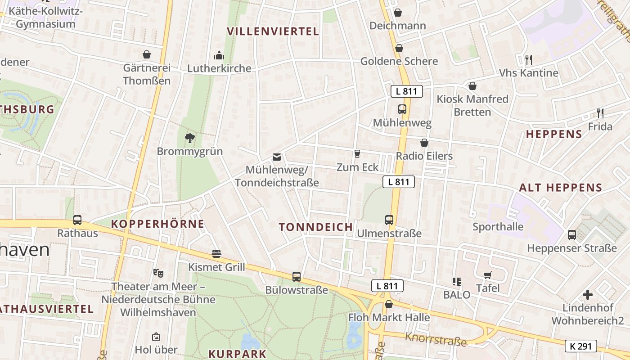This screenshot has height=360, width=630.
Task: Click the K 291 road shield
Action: (x=580, y=346)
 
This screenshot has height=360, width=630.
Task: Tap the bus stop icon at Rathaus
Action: (x=77, y=220)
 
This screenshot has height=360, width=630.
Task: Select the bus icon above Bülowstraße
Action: (x=296, y=276)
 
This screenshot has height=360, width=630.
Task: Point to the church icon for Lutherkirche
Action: (x=219, y=55)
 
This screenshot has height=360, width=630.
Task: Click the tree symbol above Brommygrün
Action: (x=190, y=138)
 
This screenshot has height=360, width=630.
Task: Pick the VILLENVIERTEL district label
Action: (x=273, y=31)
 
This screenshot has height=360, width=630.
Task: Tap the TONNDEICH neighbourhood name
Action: (x=316, y=227)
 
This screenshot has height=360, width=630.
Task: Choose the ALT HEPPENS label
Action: (x=560, y=188)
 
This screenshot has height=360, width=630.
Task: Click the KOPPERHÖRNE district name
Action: (x=157, y=224)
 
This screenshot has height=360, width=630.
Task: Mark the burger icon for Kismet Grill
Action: (x=216, y=254)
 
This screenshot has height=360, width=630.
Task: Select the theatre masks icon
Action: (x=158, y=273)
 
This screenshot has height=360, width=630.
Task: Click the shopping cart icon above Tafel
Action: (x=487, y=275)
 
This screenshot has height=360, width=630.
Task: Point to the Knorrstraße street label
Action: (x=436, y=339)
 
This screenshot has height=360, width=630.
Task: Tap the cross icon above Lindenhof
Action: (x=588, y=295)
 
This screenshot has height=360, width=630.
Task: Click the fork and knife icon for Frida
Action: (x=600, y=113)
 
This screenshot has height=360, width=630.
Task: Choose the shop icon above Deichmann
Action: (x=397, y=13)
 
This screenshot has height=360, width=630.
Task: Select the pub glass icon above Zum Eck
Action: (x=357, y=154)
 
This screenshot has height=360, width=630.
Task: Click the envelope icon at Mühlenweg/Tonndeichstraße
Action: (x=276, y=157)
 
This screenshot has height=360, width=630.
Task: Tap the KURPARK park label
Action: (x=238, y=354)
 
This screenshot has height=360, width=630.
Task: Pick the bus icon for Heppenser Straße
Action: (x=571, y=234)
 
